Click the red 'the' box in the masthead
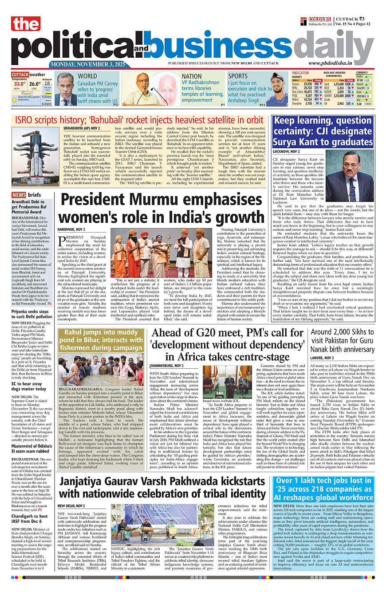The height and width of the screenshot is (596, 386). tap(26, 25)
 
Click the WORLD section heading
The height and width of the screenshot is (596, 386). tap(87, 76)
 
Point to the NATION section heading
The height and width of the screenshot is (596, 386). tap(192, 76)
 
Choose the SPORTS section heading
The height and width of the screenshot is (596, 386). tap(238, 76)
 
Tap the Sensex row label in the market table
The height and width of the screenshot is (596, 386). tap(296, 83)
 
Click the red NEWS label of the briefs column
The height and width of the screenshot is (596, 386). tap(19, 195)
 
